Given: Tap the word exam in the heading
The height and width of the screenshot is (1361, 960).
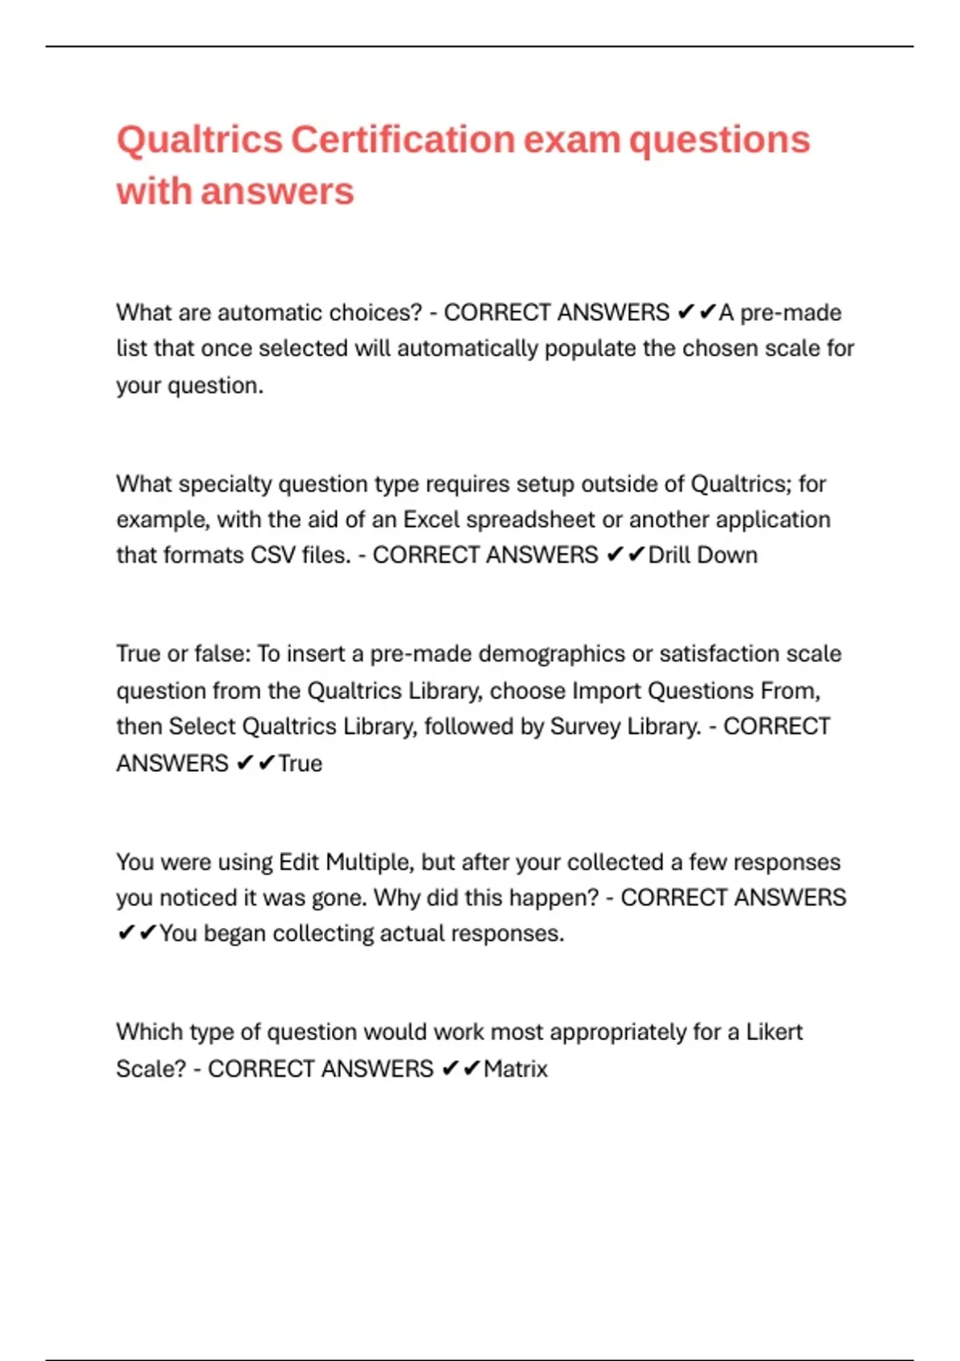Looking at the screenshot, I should [x=571, y=140].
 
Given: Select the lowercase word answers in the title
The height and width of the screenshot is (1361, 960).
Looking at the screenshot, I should [x=278, y=192].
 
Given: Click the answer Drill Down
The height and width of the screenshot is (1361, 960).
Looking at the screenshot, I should [x=702, y=556].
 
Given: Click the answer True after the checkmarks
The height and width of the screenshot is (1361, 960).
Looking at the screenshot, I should [x=300, y=764].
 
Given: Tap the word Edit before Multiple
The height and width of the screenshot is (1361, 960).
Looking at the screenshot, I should [x=299, y=862].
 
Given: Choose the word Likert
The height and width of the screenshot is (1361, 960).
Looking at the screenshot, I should [x=774, y=1032].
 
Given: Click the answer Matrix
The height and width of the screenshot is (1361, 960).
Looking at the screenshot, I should [x=516, y=1070].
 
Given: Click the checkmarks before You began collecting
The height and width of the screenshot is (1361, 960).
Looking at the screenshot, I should [x=137, y=933].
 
